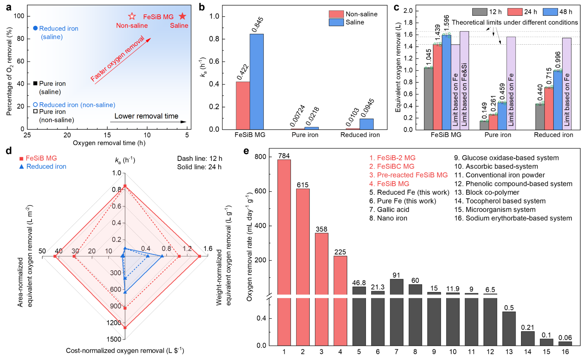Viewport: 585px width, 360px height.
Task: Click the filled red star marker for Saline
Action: coord(182,16)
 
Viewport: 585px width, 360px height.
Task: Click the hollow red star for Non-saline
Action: coord(132,16)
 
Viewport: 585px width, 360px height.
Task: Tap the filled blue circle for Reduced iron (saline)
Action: coord(35,28)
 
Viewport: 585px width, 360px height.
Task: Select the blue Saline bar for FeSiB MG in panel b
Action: coord(257,81)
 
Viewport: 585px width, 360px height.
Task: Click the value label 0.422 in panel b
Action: coord(243,72)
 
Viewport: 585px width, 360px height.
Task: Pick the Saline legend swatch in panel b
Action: coord(336,22)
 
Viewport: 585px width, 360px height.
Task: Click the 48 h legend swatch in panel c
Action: coord(550,12)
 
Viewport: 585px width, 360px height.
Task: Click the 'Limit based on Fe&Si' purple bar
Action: coord(464,80)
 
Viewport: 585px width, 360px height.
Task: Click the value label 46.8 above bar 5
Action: coord(359,283)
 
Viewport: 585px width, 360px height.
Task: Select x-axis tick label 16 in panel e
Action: coord(565,352)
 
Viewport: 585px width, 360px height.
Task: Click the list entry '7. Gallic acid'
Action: coord(389,210)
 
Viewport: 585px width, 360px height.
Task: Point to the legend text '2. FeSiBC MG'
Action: coord(392,167)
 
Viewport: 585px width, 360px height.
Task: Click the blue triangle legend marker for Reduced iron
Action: coord(21,167)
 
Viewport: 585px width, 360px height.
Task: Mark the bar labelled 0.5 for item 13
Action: coord(509,329)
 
